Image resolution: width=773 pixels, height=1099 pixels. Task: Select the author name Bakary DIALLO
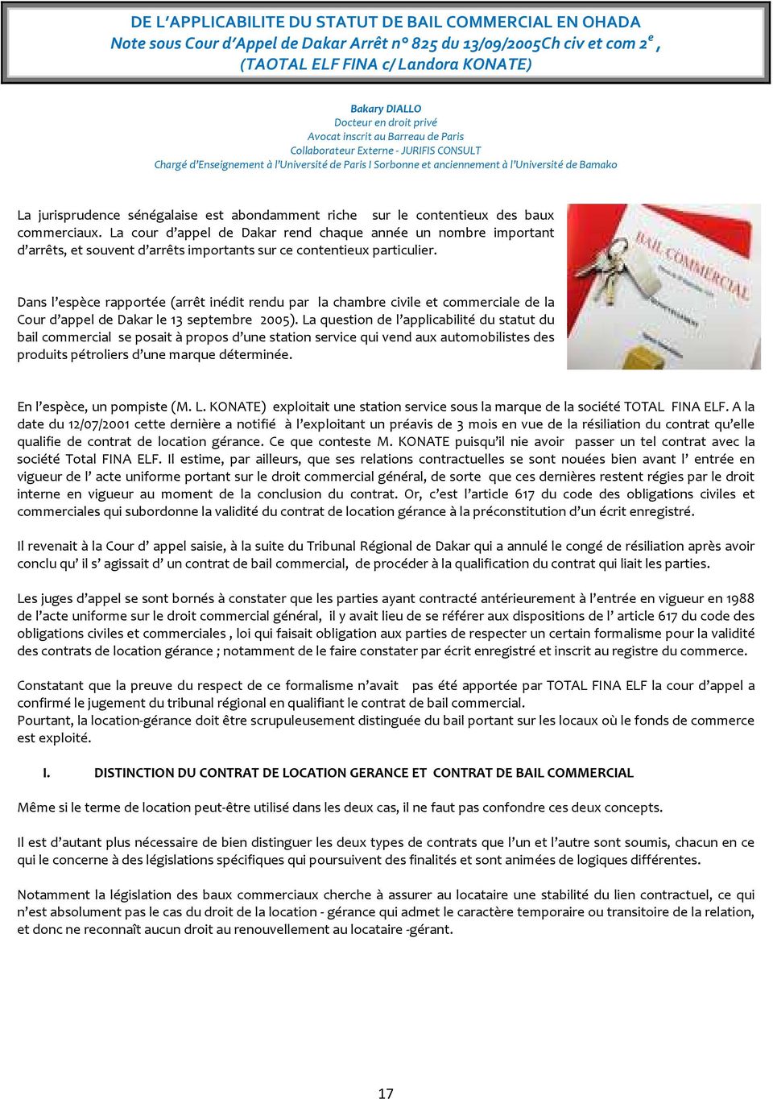386,109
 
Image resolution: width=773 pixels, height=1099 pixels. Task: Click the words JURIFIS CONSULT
440,151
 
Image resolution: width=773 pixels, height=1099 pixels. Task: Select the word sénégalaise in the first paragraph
163,215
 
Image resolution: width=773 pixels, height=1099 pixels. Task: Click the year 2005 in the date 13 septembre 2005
275,320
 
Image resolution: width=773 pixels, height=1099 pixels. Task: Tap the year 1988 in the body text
739,598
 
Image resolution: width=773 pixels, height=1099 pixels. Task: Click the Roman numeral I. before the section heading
47,773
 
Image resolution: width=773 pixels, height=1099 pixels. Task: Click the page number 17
386,1093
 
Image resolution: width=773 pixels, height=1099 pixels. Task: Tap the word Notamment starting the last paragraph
53,894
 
